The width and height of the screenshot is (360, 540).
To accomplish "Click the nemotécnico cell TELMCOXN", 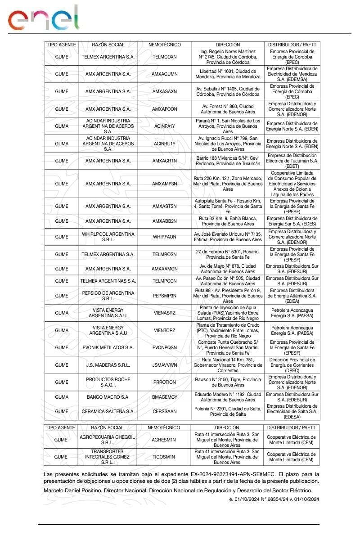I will [x=165, y=57].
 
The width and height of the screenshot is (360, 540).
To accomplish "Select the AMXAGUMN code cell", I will [x=165, y=74].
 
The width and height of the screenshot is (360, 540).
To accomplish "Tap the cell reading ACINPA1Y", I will [x=165, y=126].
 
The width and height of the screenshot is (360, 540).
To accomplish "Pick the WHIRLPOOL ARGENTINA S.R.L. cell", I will [x=108, y=237].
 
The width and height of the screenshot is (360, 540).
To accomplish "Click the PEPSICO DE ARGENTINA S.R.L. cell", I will [x=108, y=296].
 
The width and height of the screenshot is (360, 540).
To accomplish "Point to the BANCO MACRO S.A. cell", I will [x=108, y=397].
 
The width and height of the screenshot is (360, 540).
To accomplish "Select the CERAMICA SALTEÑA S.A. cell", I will [x=108, y=411].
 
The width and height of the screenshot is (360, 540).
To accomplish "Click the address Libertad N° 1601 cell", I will [x=228, y=74].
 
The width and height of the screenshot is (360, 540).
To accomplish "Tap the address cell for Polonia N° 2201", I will [x=228, y=411].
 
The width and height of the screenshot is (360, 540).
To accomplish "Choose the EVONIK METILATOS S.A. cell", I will [x=108, y=348].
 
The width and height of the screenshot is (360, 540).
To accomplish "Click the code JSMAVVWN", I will [x=165, y=365].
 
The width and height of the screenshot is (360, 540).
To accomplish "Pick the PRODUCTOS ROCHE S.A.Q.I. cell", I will [x=108, y=382].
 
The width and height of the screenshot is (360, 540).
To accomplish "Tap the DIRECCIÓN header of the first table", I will [x=228, y=45].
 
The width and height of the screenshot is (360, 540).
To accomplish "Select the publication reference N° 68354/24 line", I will [x=274, y=499].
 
